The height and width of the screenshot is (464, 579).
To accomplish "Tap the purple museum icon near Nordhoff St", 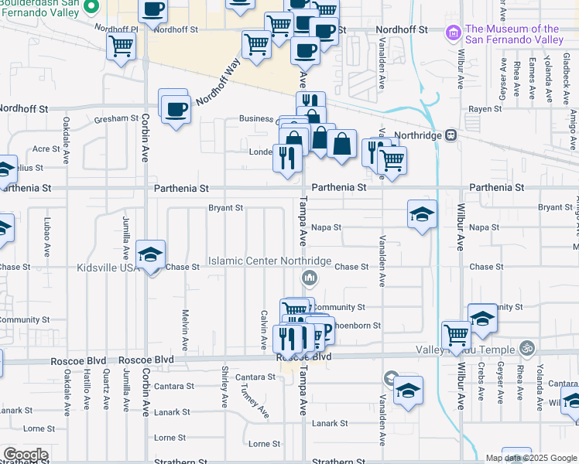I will [453, 34].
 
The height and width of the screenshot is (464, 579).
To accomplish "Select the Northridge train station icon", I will [450, 135].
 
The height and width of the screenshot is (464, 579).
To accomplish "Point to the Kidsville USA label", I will [107, 268].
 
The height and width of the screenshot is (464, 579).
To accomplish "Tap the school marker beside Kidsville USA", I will [150, 254].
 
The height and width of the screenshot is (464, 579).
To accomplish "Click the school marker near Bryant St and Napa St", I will [423, 214].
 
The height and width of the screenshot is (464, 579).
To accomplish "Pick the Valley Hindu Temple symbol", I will [527, 349].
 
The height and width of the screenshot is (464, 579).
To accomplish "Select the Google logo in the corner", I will [25, 455].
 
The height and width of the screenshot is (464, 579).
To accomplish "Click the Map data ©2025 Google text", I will [530, 458].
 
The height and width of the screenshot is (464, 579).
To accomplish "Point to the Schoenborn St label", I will [356, 326].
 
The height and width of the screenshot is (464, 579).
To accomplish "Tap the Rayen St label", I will [485, 109].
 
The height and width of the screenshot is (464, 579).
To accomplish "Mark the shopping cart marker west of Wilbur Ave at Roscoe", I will [456, 335].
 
